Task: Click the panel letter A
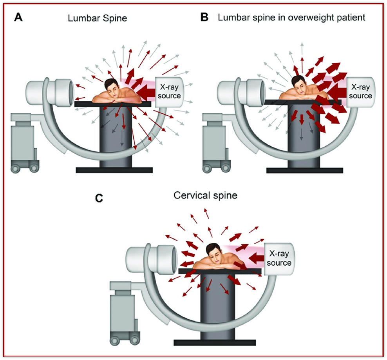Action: click(18, 17)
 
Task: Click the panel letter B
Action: click(204, 17)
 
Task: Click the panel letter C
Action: click(99, 198)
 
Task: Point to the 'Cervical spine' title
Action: click(205, 195)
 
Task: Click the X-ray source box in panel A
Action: click(169, 91)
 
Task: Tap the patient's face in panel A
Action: click(111, 86)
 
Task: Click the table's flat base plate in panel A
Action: click(114, 170)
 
